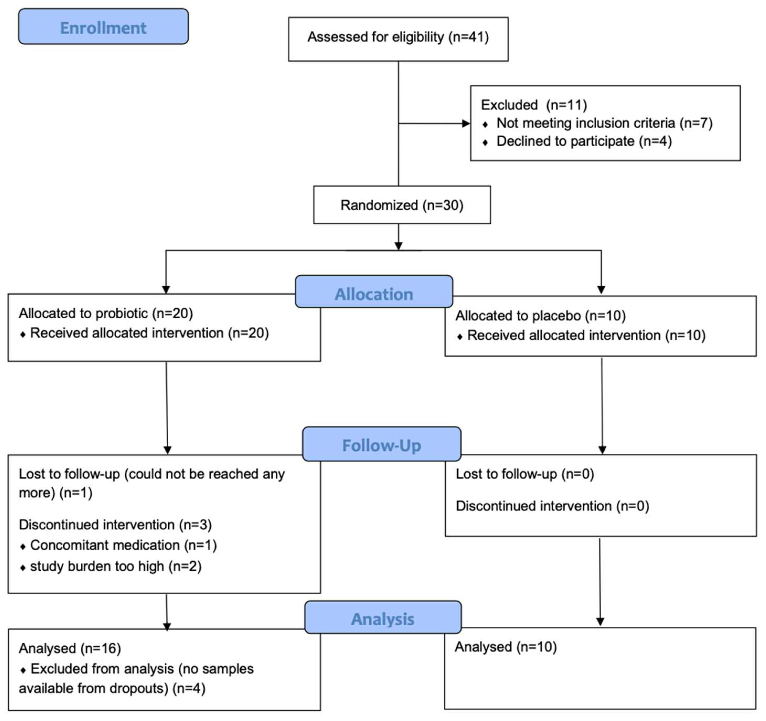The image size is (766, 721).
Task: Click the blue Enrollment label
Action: pyautogui.click(x=103, y=28)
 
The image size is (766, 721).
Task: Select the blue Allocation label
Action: pyautogui.click(x=374, y=294)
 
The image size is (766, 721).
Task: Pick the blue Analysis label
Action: pyautogui.click(x=383, y=619)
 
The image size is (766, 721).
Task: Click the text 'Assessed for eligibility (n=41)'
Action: pyautogui.click(x=398, y=37)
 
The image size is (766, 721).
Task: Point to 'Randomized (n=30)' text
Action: pyautogui.click(x=402, y=205)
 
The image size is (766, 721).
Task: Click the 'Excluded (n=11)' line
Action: pyautogui.click(x=534, y=105)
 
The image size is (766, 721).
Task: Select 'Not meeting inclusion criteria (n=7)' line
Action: pyautogui.click(x=604, y=123)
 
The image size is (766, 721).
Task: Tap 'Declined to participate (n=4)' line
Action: pyautogui.click(x=584, y=141)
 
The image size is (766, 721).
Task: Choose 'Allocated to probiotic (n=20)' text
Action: pyautogui.click(x=105, y=313)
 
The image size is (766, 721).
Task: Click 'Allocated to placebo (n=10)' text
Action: pyautogui.click(x=540, y=316)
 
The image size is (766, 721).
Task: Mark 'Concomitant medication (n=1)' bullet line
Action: pyautogui.click(x=123, y=545)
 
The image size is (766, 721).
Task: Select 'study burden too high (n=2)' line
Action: pyautogui.click(x=116, y=566)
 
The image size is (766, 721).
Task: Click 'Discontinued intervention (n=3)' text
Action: pyautogui.click(x=115, y=525)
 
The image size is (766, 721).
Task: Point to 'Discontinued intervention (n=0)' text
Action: pyautogui.click(x=552, y=506)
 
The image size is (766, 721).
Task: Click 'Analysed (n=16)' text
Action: pyautogui.click(x=70, y=648)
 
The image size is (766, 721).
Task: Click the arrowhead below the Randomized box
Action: pyautogui.click(x=398, y=246)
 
